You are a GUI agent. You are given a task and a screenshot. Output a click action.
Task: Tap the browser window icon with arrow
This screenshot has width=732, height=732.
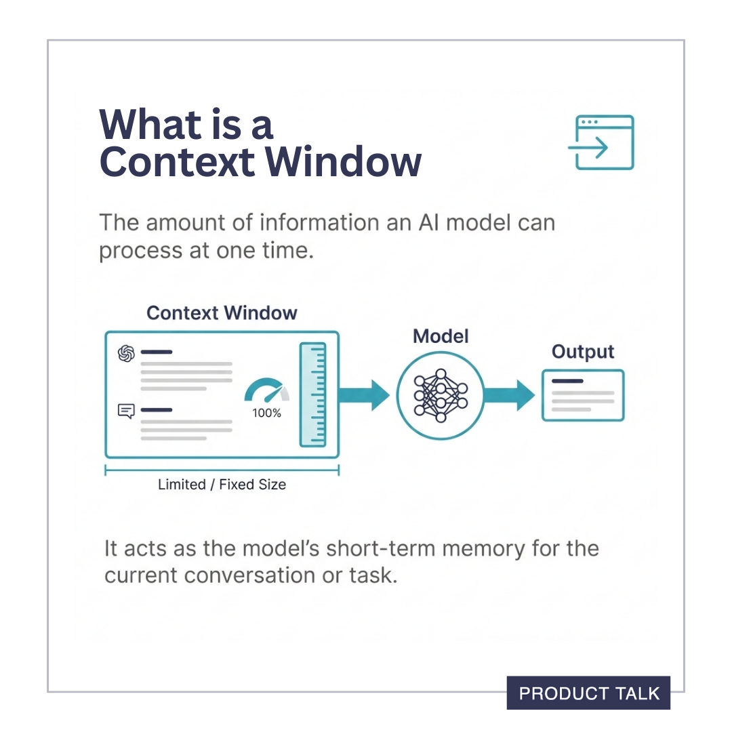601,142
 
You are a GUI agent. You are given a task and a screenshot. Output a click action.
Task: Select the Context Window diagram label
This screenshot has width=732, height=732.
222,313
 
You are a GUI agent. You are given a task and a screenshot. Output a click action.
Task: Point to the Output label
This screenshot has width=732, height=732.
582,352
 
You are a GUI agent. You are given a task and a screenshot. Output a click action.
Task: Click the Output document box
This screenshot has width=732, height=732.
582,396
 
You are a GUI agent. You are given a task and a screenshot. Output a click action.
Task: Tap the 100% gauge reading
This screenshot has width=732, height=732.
266,413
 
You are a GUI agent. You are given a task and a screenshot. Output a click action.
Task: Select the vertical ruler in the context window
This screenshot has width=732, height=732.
312,394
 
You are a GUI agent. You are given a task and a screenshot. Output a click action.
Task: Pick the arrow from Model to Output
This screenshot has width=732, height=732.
509,395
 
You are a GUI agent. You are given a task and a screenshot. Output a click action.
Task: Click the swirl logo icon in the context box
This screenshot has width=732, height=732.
126,353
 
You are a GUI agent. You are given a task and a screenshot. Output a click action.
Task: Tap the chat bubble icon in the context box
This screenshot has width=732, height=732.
126,411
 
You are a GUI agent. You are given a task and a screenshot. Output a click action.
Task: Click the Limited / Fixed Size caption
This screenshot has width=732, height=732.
222,485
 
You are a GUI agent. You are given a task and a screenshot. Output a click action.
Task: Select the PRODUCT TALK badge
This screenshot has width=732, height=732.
588,693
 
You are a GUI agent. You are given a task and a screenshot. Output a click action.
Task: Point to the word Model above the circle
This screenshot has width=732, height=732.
441,336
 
